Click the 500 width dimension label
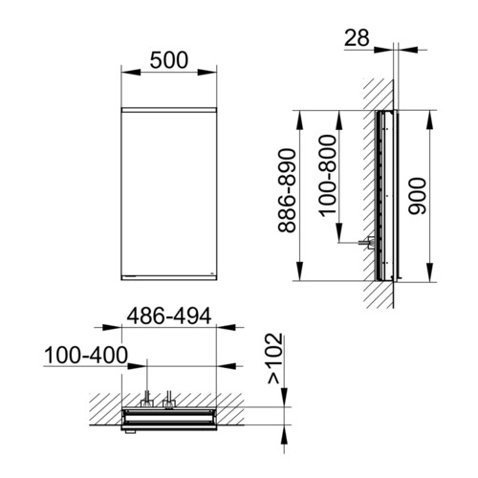point(169,60)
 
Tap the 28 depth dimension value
point(357,37)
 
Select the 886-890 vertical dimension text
point(287,190)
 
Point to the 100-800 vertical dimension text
point(328,176)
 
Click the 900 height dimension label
point(417,196)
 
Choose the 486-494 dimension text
point(169,315)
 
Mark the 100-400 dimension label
point(86,356)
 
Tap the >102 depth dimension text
point(275,358)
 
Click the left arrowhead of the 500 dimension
point(131,73)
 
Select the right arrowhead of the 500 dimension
point(207,73)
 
